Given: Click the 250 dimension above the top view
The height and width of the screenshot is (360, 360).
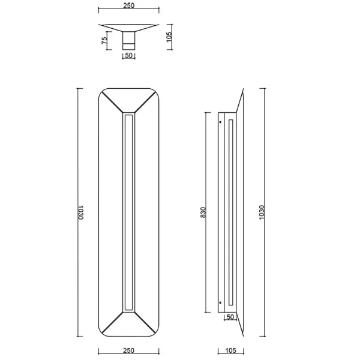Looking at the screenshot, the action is [x=128, y=5].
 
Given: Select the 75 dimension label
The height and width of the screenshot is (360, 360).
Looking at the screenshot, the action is [x=104, y=41].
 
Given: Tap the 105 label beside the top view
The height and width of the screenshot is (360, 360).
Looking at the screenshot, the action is [x=169, y=37].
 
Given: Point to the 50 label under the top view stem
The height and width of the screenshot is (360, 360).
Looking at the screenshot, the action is [x=129, y=55].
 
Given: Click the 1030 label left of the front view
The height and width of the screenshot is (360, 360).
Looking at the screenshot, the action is [x=80, y=212].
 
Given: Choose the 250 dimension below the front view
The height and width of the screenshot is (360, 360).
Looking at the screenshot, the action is [x=128, y=350].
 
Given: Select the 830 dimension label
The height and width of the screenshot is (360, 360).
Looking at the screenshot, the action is [x=203, y=212].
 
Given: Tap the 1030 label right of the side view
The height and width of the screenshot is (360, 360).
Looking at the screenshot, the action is [x=262, y=212].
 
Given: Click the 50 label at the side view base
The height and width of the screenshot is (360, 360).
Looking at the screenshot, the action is [x=230, y=317].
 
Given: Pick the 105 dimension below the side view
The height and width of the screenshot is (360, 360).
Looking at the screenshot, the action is [x=231, y=350].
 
